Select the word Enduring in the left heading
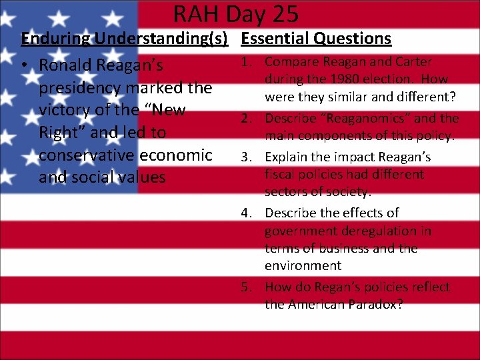pyautogui.click(x=55, y=39)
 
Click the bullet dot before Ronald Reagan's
pyautogui.click(x=24, y=66)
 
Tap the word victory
pyautogui.click(x=67, y=110)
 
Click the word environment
pyautogui.click(x=303, y=265)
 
